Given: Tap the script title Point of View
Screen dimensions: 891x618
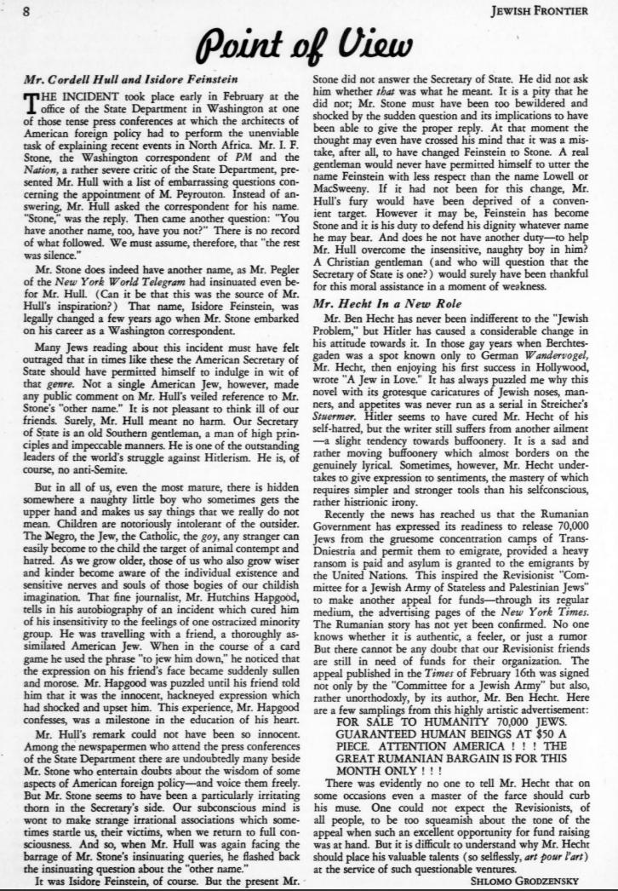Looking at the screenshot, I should pyautogui.click(x=308, y=42).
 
